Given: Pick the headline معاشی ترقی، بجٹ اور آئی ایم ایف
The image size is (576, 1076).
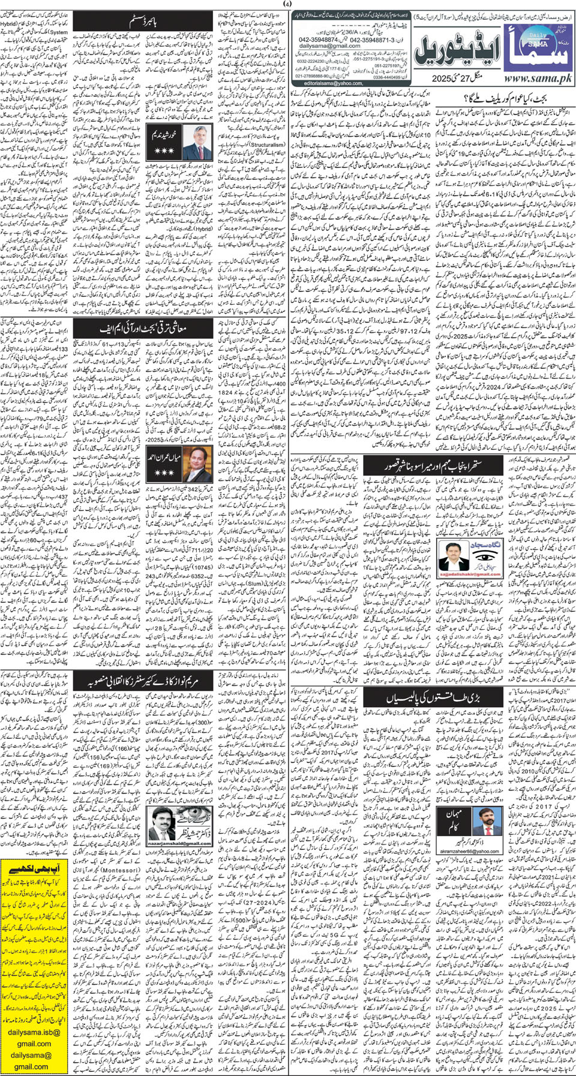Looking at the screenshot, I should (143, 328).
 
